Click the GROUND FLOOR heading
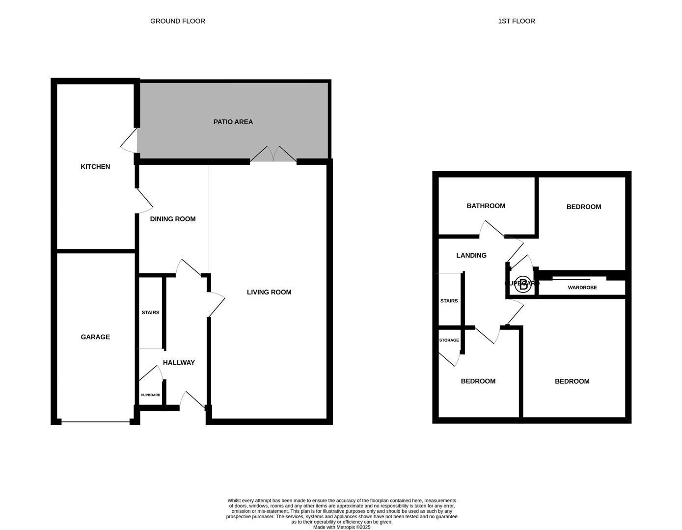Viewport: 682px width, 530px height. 178,21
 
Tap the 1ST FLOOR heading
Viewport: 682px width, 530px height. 517,21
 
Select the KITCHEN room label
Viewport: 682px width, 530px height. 95,167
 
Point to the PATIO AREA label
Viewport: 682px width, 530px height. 233,122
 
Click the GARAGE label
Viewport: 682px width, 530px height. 95,337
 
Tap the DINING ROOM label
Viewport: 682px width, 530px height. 173,219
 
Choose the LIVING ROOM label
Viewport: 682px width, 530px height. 269,292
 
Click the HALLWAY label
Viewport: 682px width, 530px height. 179,363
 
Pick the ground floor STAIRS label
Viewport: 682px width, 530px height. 150,313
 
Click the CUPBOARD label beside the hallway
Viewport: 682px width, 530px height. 150,395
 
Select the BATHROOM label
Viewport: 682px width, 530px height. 486,206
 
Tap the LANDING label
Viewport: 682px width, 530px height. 471,256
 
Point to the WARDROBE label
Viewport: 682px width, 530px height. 582,288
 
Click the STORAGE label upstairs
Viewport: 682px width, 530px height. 449,340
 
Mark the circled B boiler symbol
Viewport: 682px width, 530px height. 524,285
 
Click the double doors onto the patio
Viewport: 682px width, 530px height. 273,154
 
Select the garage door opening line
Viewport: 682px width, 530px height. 96,421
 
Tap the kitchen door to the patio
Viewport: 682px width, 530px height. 129,141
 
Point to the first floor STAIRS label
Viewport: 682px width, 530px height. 449,301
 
